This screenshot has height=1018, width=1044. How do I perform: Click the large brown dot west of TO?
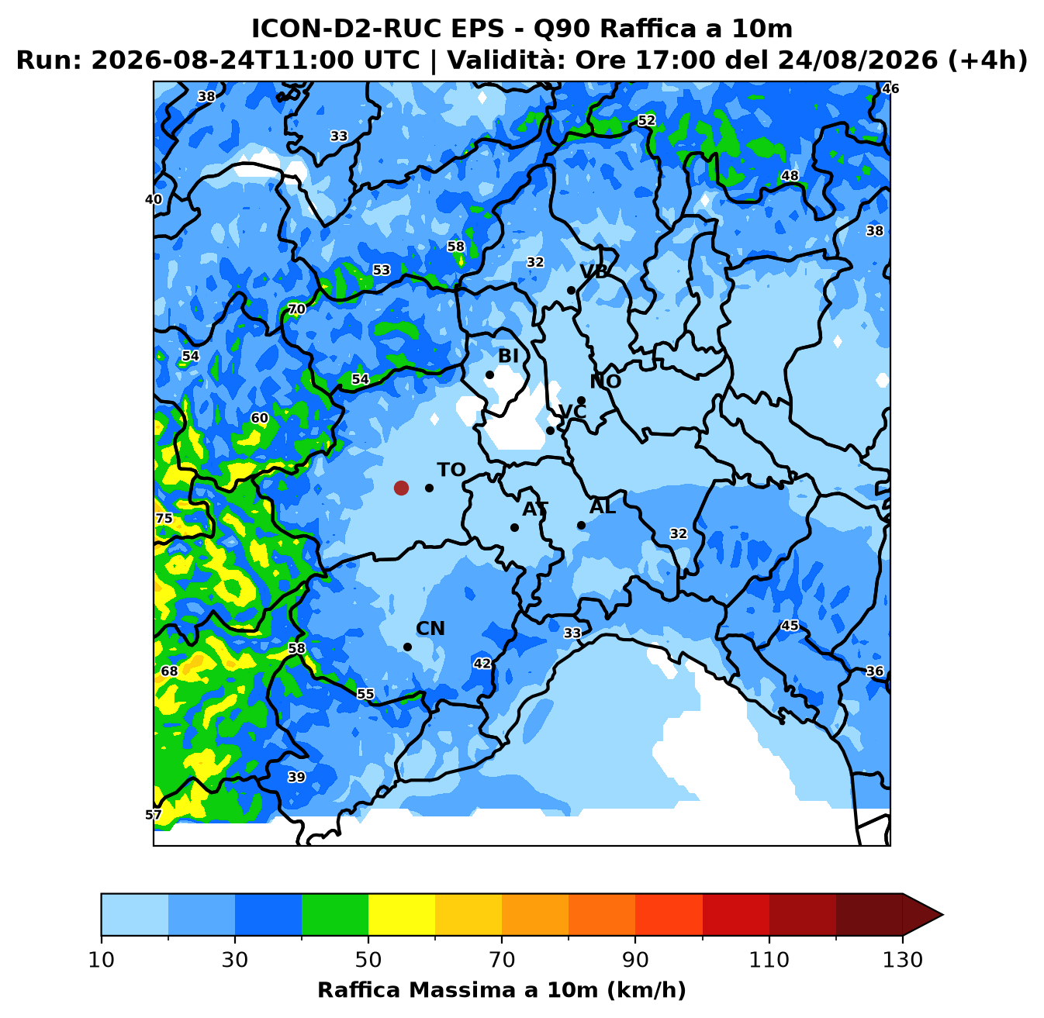(401, 488)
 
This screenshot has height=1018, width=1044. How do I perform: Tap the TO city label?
(451, 470)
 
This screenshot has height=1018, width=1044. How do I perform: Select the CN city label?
(430, 629)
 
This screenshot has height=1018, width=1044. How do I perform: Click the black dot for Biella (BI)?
(489, 375)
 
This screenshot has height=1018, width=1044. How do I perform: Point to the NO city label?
(606, 381)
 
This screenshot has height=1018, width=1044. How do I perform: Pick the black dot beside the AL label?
(581, 525)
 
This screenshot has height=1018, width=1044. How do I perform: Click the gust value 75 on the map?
(164, 519)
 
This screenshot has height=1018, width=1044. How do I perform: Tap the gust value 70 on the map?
(296, 309)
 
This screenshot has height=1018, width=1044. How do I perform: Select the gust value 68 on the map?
(170, 671)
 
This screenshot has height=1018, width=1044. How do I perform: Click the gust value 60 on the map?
(260, 419)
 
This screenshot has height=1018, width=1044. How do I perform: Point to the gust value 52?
(646, 121)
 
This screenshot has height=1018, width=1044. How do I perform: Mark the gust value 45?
(790, 626)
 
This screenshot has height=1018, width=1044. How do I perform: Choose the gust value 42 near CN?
(482, 664)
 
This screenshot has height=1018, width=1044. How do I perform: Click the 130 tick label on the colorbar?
(903, 960)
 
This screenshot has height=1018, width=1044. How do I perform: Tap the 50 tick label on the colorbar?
(368, 960)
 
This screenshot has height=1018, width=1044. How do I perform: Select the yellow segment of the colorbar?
(402, 914)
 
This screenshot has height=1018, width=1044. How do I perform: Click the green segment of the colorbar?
(335, 914)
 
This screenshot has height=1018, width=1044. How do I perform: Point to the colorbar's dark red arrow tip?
(942, 914)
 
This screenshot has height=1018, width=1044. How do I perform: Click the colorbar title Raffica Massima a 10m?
(458, 990)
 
